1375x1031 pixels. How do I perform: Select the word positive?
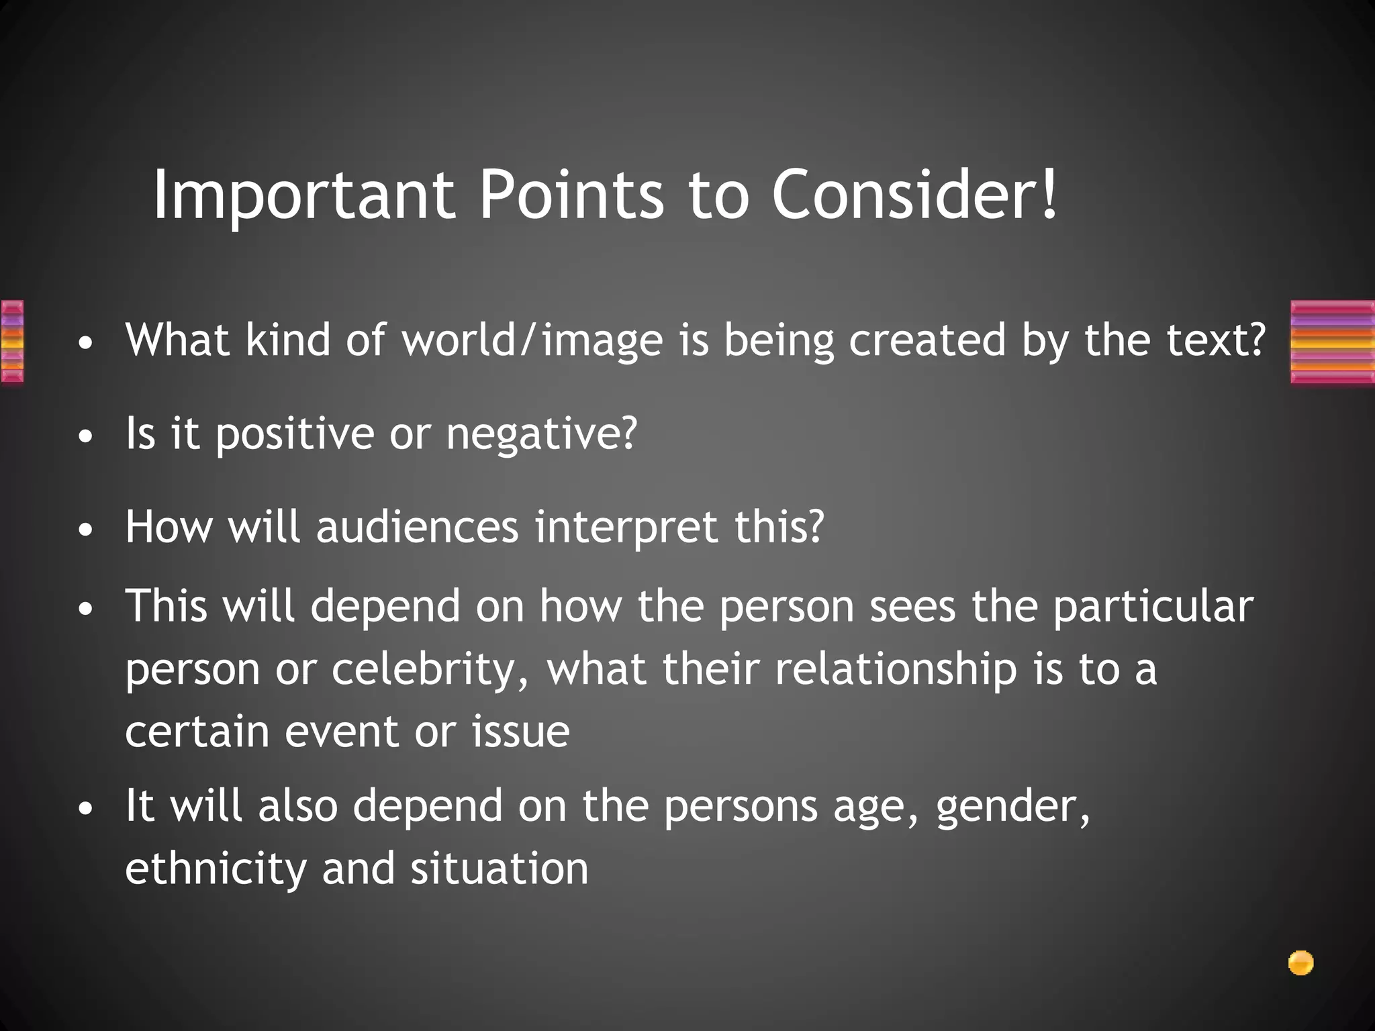pyautogui.click(x=295, y=434)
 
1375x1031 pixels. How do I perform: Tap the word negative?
pyautogui.click(x=541, y=434)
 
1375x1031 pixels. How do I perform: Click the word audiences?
pyautogui.click(x=417, y=527)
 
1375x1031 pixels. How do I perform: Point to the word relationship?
pyautogui.click(x=896, y=669)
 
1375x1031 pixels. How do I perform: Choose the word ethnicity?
pyautogui.click(x=216, y=869)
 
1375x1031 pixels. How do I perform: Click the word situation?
pyautogui.click(x=500, y=869)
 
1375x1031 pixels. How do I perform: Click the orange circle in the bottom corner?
pyautogui.click(x=1300, y=963)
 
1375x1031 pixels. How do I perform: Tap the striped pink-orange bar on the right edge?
pyautogui.click(x=1332, y=342)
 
